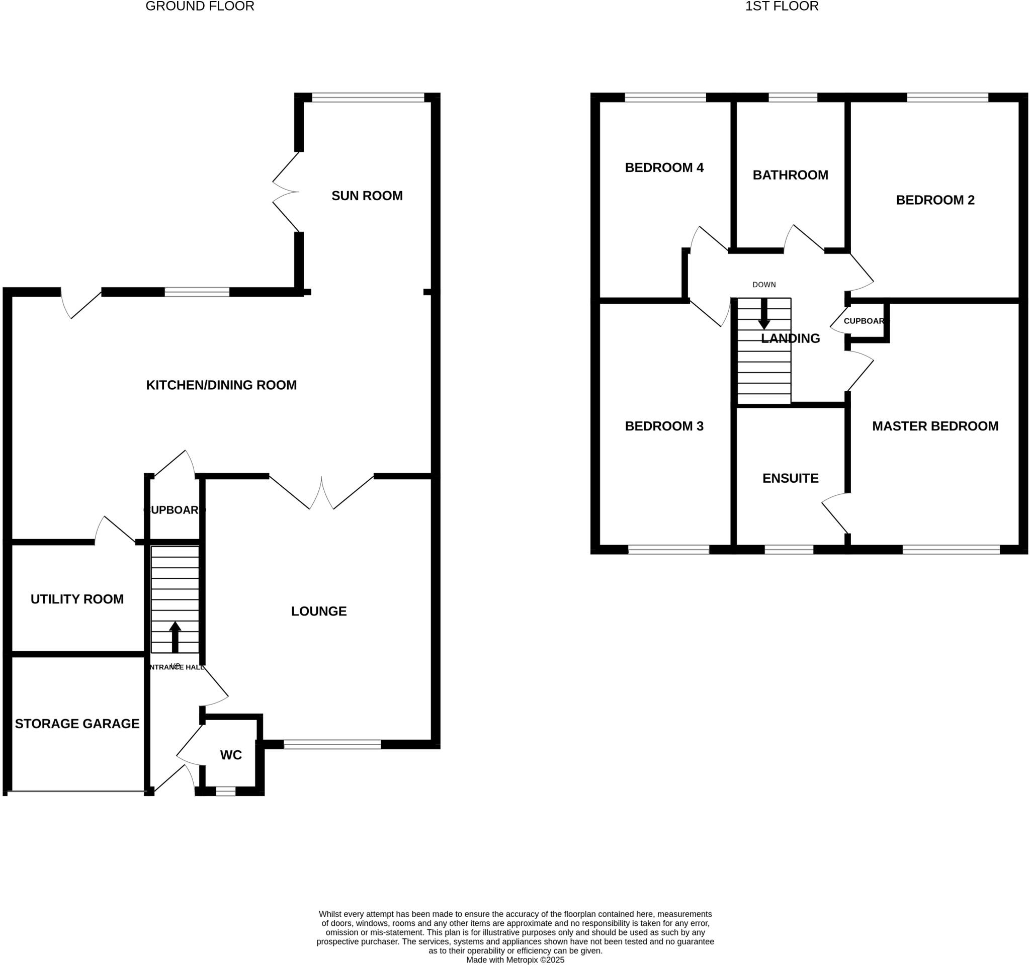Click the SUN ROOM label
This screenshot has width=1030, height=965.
point(367,196)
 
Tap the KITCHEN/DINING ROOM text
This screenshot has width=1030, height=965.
point(221,385)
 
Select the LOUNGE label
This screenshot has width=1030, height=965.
point(319,611)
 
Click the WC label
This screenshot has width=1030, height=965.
point(231,755)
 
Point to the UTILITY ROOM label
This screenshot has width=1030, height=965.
point(77,599)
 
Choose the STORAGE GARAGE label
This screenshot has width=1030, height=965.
point(77,724)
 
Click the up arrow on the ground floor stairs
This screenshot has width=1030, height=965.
point(175,637)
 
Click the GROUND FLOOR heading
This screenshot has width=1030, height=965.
point(200,6)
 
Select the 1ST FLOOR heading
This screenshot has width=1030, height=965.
point(782,6)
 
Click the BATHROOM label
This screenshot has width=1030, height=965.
point(790,175)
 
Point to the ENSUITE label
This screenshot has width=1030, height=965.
point(790,478)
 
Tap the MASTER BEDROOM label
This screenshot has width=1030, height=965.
point(935,426)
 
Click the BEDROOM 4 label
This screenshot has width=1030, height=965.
point(664,167)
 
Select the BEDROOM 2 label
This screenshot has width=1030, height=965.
point(935,200)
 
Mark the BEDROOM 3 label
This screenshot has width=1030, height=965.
point(664,426)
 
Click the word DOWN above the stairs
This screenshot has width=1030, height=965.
point(763,285)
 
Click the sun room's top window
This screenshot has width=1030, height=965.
point(368,98)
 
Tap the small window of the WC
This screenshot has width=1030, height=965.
point(225,791)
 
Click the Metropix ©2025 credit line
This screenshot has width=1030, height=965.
point(515,960)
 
